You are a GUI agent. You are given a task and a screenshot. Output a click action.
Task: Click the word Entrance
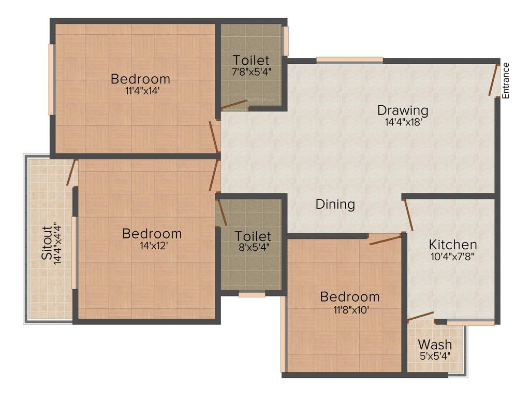click(506, 80)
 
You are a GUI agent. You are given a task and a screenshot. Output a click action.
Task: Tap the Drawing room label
click(403, 110)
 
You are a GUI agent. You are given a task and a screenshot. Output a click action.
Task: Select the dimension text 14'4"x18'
click(403, 123)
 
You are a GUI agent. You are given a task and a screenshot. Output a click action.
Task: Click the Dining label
click(335, 204)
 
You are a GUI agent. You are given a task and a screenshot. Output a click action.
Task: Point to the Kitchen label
click(453, 244)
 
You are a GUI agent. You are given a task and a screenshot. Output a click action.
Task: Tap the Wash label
click(435, 344)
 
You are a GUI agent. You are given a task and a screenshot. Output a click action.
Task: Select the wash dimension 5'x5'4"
click(435, 356)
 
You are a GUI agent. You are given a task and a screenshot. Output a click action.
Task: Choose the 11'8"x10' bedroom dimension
click(349, 309)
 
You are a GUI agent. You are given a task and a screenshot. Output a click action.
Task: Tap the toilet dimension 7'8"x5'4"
click(252, 70)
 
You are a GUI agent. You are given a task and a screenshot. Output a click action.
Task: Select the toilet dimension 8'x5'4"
click(252, 247)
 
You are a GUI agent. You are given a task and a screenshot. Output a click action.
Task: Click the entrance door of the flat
click(494, 79)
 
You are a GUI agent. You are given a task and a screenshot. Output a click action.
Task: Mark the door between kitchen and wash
click(420, 317)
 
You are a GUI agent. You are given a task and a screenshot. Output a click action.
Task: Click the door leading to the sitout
click(71, 173)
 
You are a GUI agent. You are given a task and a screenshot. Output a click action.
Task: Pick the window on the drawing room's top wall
click(349, 60)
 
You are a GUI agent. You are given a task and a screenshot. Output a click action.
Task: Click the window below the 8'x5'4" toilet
click(252, 294)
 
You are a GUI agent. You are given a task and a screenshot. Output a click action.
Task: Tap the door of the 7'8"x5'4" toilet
click(234, 105)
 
